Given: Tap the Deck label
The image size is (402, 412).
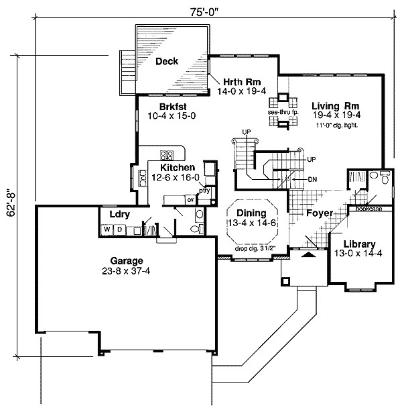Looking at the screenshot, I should pos(167,62).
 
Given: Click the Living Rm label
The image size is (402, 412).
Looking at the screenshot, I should pos(336,106).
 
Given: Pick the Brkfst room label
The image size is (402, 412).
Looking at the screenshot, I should pos(172,106).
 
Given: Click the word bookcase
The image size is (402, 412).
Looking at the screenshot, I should pos(368,209).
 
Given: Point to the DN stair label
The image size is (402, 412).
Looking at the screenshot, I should pos(312,179).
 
